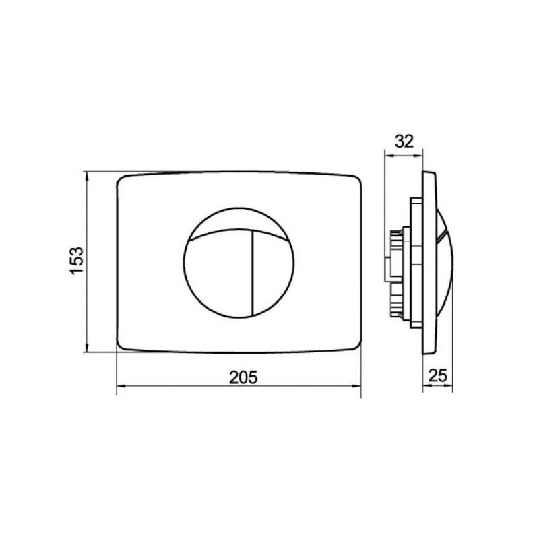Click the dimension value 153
77,260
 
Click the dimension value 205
243,378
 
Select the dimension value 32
404,141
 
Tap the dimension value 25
438,375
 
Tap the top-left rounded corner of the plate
120,180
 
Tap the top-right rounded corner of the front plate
358,179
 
